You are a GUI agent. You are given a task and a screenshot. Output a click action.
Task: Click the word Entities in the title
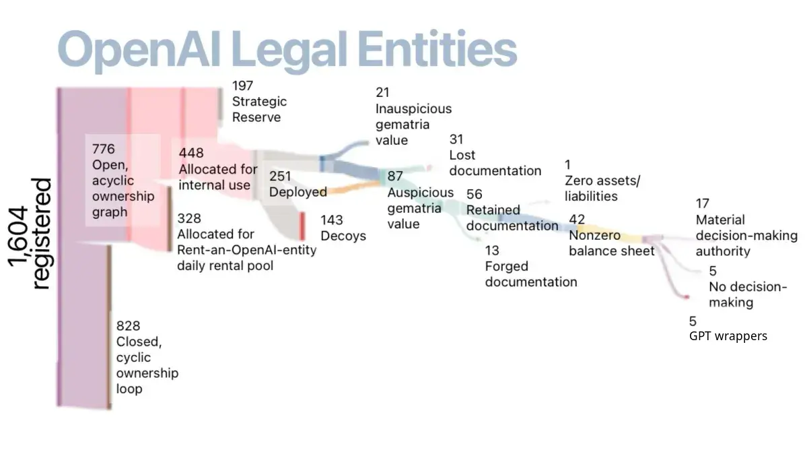[x=437, y=49]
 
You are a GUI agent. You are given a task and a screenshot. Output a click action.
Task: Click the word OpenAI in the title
[x=139, y=50]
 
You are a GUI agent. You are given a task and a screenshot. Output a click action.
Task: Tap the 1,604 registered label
[x=30, y=234]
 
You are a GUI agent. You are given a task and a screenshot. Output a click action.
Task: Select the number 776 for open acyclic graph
[x=104, y=149]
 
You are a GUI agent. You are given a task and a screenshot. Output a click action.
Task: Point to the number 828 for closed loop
[x=128, y=326]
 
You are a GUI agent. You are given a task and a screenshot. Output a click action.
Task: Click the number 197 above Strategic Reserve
[x=242, y=86]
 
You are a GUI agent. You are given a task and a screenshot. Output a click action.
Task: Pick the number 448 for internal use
[x=191, y=153]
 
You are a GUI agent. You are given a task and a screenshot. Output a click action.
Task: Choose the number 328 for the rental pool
[x=189, y=218]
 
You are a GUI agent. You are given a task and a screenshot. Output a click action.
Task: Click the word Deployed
[x=298, y=192]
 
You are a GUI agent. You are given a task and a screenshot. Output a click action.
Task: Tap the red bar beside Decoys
[x=303, y=226]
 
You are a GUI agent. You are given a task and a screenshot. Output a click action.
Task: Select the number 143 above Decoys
[x=331, y=220]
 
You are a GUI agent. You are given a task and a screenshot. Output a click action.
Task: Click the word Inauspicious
[x=413, y=108]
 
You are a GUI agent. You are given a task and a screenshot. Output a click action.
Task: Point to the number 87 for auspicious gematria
[x=395, y=176]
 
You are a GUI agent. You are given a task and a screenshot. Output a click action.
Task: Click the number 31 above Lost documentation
[x=456, y=139]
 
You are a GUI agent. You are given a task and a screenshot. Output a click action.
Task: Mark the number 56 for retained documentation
[x=475, y=194]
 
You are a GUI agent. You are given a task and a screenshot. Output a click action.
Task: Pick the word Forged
[x=506, y=267]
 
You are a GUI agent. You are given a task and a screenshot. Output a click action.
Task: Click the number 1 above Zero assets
[x=567, y=165]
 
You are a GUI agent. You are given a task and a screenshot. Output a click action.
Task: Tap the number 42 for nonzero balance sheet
[x=577, y=220]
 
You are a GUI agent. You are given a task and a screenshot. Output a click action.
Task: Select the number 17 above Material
[x=703, y=203]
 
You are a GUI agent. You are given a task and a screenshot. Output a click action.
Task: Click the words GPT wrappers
[x=728, y=336]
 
